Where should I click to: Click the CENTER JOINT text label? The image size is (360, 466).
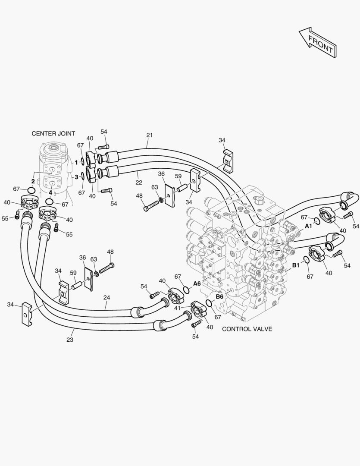point(53,134)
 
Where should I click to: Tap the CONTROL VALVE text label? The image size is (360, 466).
point(247,329)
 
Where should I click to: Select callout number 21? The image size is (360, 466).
point(149,135)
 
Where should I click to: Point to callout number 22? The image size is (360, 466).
point(139,183)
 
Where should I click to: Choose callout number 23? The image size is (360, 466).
point(70,340)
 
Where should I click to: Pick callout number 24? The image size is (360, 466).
point(106,297)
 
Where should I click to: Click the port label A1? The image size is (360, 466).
point(309,226)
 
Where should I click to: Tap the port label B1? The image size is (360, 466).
point(296,265)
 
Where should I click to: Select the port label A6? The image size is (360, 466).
point(197,283)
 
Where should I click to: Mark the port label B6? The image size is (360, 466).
point(219,296)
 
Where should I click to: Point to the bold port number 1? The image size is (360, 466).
point(76,163)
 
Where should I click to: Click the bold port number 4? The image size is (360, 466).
point(50,192)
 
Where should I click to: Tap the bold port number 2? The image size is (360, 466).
point(33,181)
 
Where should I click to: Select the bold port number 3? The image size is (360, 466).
point(76,177)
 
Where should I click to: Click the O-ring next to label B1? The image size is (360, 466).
point(306,259)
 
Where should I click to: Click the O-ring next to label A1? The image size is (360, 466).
point(317,221)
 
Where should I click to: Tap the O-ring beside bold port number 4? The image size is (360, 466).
point(50,202)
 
